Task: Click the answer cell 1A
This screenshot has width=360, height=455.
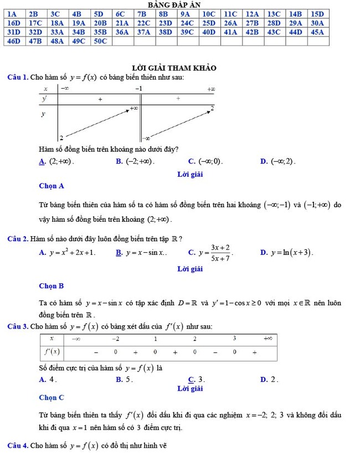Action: click(x=12, y=14)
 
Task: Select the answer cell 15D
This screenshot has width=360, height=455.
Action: click(x=317, y=14)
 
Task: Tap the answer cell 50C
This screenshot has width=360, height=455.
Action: click(x=100, y=41)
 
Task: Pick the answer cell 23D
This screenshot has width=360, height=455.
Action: click(x=165, y=23)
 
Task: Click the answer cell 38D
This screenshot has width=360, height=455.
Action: click(x=165, y=32)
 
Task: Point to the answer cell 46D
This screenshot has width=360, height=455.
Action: click(x=13, y=41)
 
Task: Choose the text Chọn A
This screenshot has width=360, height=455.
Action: click(x=52, y=186)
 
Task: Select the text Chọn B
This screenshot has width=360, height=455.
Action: click(x=52, y=286)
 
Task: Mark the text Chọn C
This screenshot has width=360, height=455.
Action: click(x=52, y=397)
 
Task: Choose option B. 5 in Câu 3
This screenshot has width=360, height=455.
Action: click(x=125, y=380)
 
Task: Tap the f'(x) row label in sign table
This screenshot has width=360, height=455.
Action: click(x=52, y=351)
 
